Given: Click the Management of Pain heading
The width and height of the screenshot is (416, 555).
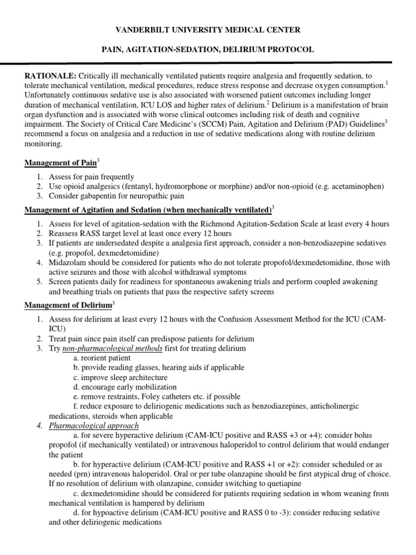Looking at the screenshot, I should pyautogui.click(x=60, y=162).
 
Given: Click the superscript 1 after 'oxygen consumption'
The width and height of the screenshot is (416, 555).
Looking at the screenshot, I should pyautogui.click(x=386, y=82).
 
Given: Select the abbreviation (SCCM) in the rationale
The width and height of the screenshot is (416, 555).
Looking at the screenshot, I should pyautogui.click(x=216, y=124).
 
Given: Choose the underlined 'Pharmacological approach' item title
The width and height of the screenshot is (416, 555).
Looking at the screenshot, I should pyautogui.click(x=94, y=426).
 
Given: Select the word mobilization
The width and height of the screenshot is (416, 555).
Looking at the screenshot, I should pyautogui.click(x=151, y=387).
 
